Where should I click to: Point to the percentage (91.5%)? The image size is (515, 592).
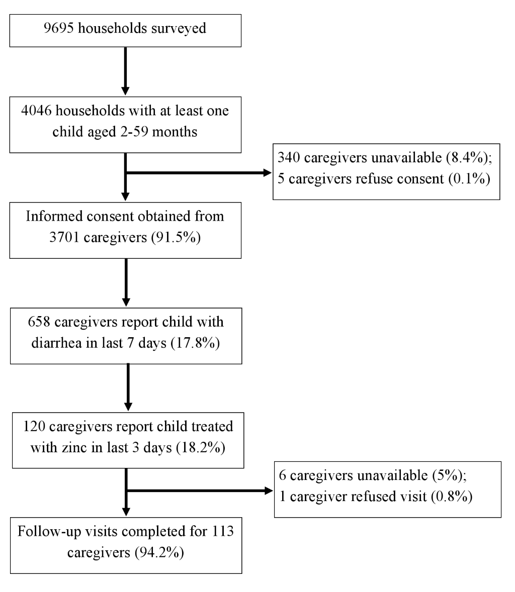(176, 238)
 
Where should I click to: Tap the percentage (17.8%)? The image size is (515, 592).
(195, 343)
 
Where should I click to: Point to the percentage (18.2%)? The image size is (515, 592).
(201, 448)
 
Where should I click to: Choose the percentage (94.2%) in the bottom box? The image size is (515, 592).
(159, 552)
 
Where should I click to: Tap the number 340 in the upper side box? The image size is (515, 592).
(289, 157)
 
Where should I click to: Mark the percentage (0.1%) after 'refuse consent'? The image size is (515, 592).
(469, 178)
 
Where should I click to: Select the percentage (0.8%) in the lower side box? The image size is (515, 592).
(452, 497)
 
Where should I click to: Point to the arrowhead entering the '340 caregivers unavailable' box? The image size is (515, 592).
(268, 173)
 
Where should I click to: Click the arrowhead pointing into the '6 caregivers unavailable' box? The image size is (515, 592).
(269, 491)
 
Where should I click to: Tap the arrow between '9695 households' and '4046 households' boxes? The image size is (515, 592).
(125, 71)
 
